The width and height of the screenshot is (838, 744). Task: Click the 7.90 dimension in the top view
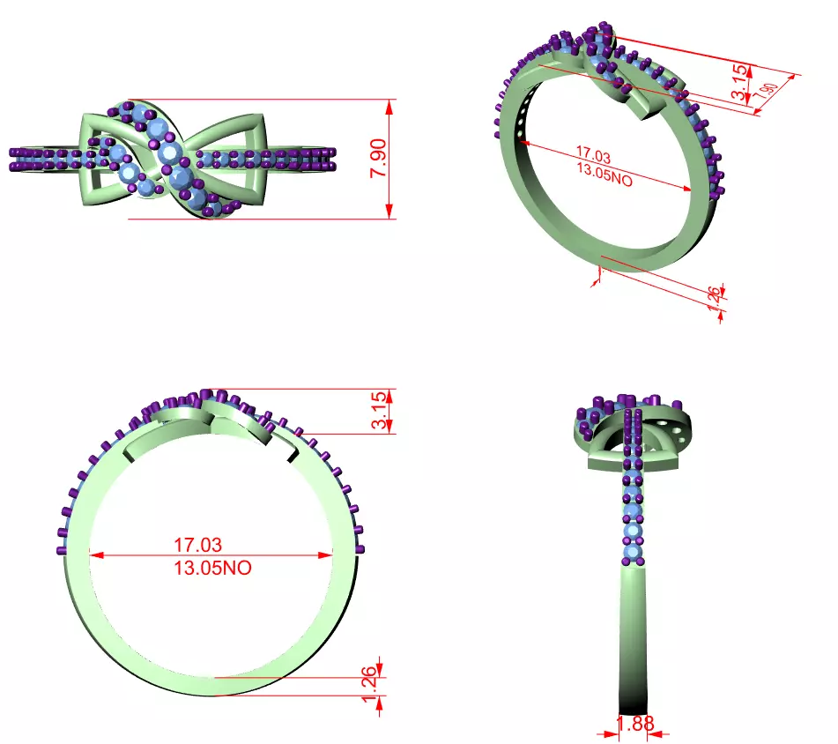click(377, 160)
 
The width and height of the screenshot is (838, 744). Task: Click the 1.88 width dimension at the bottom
click(634, 724)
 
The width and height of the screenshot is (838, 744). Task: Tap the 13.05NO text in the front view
click(212, 569)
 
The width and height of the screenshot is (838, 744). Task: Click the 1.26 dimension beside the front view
click(371, 679)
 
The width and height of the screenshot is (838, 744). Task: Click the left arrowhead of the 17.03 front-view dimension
click(97, 555)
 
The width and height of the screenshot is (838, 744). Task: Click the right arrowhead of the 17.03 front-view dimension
click(327, 555)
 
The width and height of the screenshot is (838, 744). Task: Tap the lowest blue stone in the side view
click(633, 553)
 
